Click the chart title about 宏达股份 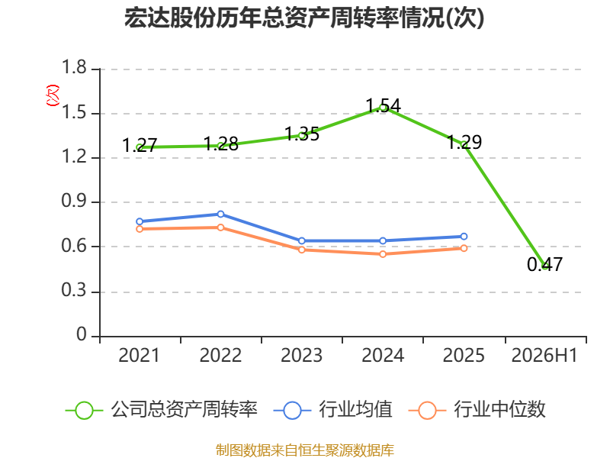(x=304, y=18)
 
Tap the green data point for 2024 (x=383, y=108)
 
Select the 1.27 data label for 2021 (x=140, y=146)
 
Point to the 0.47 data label (x=544, y=264)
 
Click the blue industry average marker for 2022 (x=220, y=214)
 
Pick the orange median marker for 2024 (x=383, y=254)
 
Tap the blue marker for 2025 (x=464, y=237)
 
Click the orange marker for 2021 (x=140, y=229)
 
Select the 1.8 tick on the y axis (x=74, y=68)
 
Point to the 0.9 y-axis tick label (x=74, y=201)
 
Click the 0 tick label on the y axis (x=82, y=334)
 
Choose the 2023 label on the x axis (x=301, y=356)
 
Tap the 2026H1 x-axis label (x=544, y=356)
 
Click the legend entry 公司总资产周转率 (x=162, y=410)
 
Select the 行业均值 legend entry (x=333, y=410)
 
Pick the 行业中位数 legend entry (x=477, y=410)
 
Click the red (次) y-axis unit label (x=53, y=95)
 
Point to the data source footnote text (x=305, y=450)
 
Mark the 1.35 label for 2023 (x=302, y=134)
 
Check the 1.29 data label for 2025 (x=464, y=142)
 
